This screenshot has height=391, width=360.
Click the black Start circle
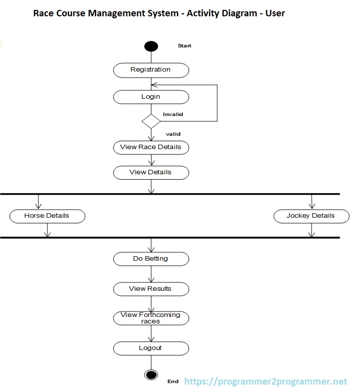coord(151,46)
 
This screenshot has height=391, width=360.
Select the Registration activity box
coord(151,70)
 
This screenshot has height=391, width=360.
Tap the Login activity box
coord(151,97)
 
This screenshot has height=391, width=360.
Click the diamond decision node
coord(151,121)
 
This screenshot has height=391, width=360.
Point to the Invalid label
coord(173,114)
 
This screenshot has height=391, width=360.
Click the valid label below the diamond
coord(173,134)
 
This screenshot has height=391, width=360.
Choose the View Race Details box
coord(151,147)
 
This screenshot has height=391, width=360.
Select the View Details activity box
coord(151,172)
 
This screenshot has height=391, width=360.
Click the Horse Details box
coord(47,216)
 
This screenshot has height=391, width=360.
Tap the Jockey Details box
coord(311,216)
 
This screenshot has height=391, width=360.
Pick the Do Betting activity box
coord(151,259)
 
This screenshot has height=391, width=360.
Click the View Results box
coord(151,289)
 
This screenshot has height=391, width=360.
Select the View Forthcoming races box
coord(151,318)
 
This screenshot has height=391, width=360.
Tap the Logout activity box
coord(151,348)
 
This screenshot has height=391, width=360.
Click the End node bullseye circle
coord(151,375)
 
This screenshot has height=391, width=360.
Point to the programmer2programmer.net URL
coord(266,382)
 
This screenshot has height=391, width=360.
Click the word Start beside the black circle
coord(184,46)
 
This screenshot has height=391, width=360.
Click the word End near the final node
coord(173,382)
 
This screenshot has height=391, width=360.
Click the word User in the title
coord(274,13)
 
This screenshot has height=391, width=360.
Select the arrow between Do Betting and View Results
coord(151,274)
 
